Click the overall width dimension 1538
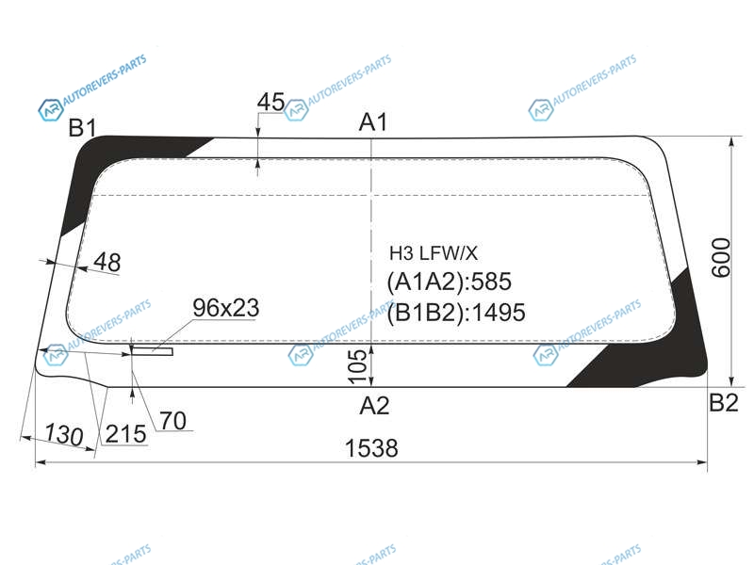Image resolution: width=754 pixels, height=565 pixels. click(x=371, y=448)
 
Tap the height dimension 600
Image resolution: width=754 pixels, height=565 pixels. click(x=720, y=257)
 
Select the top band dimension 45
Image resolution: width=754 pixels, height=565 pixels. click(x=270, y=102)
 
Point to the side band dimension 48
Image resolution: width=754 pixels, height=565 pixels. click(x=107, y=262)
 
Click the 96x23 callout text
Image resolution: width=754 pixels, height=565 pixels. click(x=226, y=308)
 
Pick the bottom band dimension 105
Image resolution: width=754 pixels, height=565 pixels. click(x=357, y=366)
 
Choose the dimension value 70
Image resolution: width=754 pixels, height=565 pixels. click(x=173, y=421)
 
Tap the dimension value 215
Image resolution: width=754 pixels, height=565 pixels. click(x=125, y=434)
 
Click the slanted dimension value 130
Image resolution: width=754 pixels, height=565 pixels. click(x=64, y=435)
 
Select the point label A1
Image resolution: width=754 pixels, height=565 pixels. click(x=373, y=122)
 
